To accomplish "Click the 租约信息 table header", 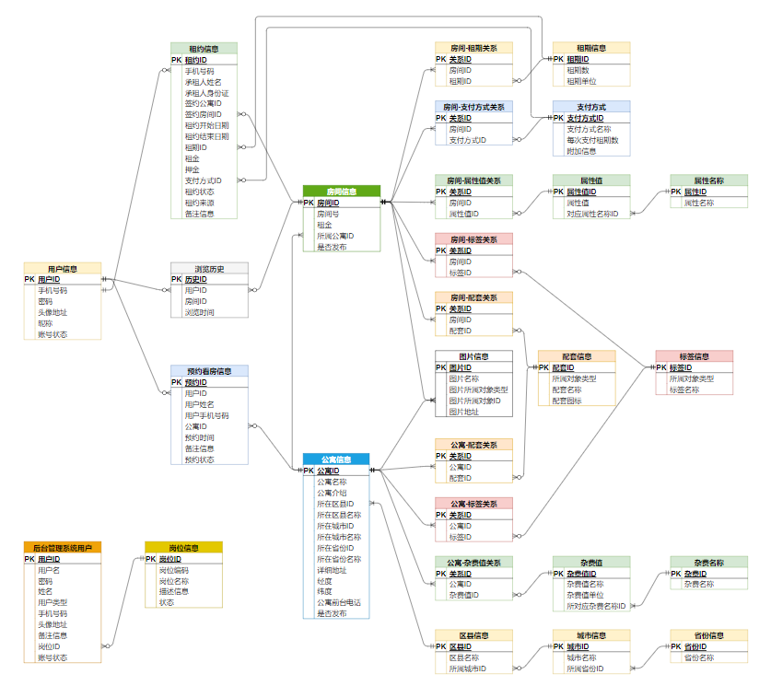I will (204, 48).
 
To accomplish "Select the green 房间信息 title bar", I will (341, 191).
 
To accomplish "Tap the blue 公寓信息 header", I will (336, 459).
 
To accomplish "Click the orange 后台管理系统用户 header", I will (63, 547).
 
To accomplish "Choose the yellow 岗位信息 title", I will (183, 547).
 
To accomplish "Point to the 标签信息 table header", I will (694, 355).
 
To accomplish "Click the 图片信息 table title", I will (473, 356).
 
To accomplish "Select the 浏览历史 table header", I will (209, 268).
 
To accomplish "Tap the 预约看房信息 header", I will (209, 371).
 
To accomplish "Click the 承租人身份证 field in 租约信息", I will (206, 92).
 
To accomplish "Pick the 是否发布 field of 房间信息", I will (332, 247).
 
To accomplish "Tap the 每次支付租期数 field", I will (592, 140).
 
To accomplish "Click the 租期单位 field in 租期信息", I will (578, 81).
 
